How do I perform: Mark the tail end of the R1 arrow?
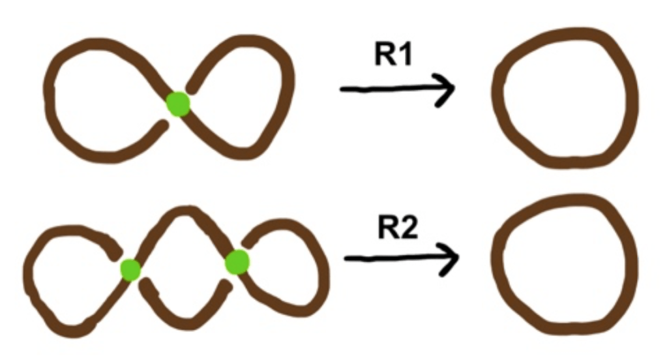(343, 89)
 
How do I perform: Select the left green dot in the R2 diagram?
(130, 269)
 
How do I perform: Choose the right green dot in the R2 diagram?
(237, 262)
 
